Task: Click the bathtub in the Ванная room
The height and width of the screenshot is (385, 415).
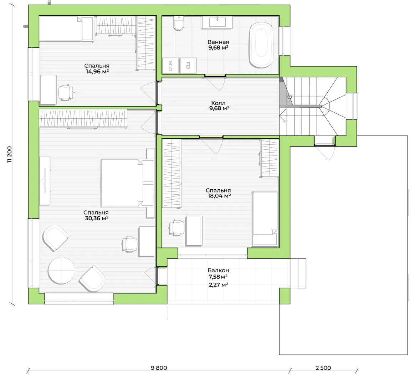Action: click(x=261, y=45)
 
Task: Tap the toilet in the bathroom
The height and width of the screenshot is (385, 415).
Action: click(x=179, y=24)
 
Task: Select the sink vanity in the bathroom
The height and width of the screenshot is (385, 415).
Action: click(x=217, y=22)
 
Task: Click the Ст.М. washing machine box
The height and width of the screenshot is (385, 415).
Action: click(x=171, y=65)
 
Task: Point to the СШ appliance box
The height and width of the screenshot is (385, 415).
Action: click(x=189, y=65)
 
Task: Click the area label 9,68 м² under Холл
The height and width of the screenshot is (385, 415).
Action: click(x=219, y=108)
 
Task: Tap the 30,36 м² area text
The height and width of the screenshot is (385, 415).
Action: click(x=97, y=218)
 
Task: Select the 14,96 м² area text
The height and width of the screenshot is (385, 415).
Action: click(x=97, y=71)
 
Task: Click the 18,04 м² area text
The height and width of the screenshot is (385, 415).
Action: click(x=219, y=196)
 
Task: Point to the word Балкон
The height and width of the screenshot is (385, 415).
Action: click(x=218, y=271)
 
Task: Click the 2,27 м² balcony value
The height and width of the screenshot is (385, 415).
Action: click(x=218, y=285)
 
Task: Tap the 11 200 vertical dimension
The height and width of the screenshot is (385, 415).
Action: click(x=10, y=154)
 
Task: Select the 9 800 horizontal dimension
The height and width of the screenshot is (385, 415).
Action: click(x=159, y=368)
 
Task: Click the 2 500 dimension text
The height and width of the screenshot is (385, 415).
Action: click(x=323, y=368)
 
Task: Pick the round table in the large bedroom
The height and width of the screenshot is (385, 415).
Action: click(x=61, y=271)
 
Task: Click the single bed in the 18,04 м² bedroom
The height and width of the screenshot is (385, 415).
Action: click(x=265, y=219)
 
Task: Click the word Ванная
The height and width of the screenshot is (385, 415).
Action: click(x=218, y=42)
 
